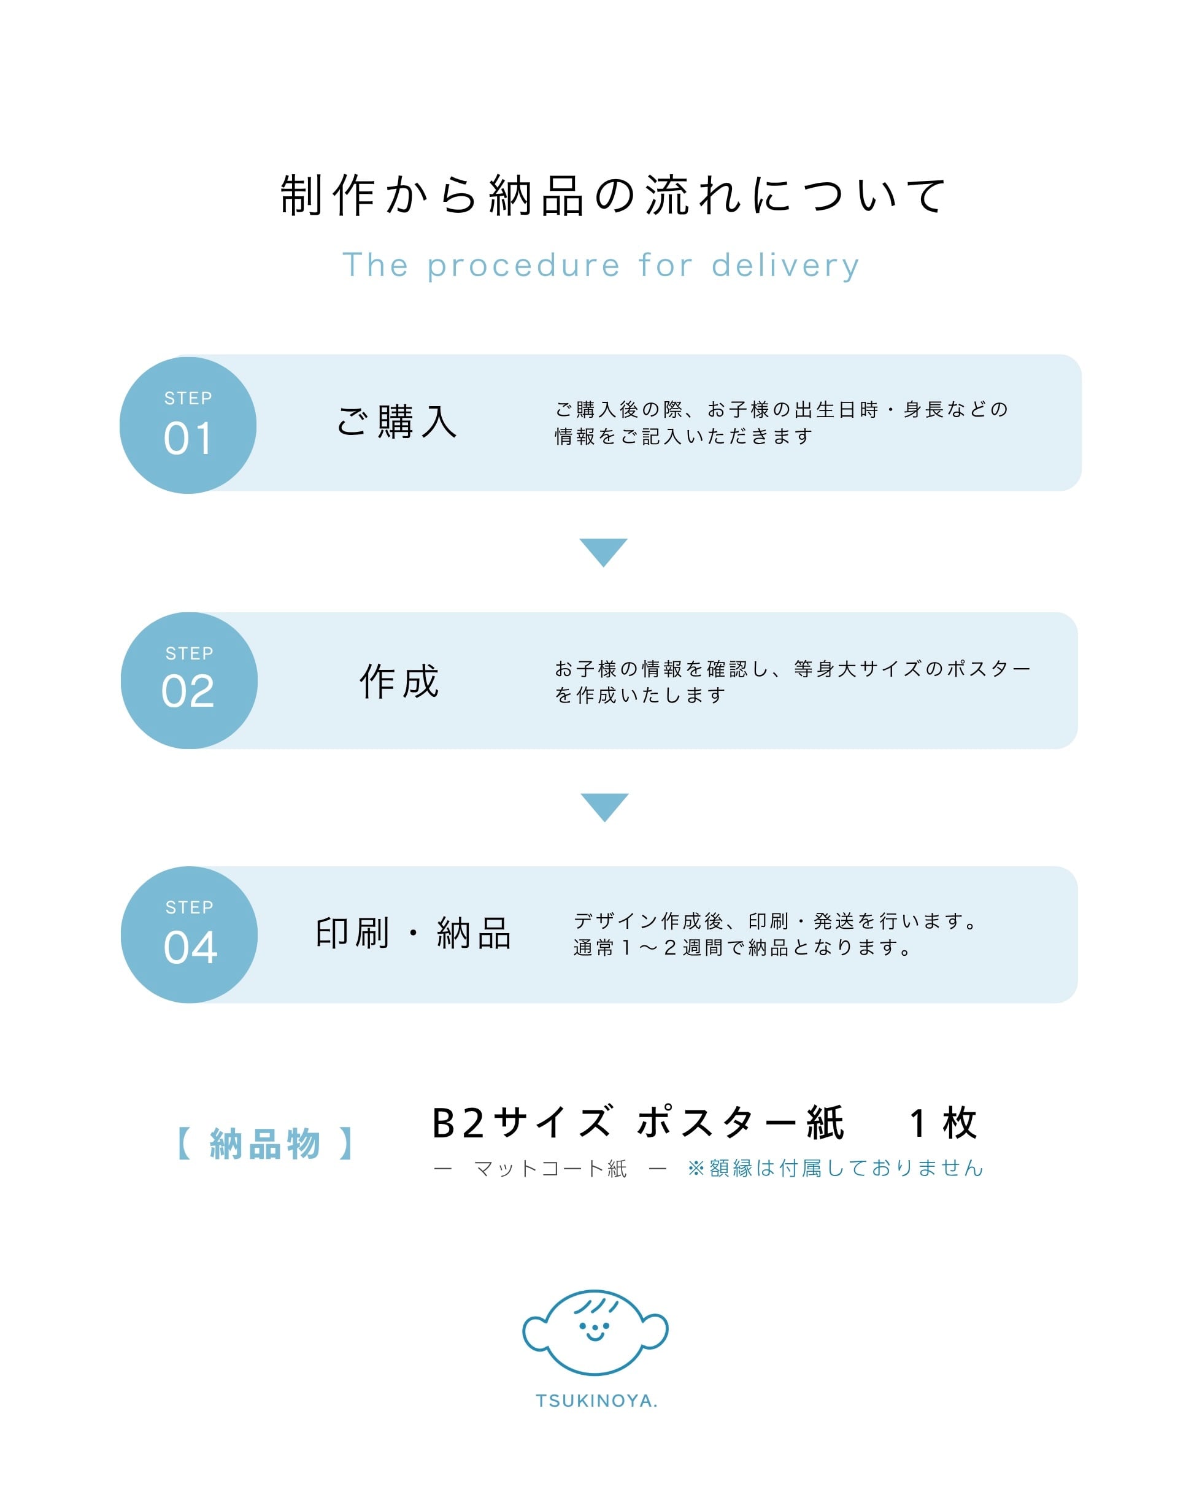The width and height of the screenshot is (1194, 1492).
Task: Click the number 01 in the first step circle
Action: click(x=187, y=438)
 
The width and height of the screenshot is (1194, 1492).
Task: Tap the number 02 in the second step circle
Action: click(x=188, y=691)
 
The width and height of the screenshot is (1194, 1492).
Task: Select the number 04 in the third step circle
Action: click(x=190, y=947)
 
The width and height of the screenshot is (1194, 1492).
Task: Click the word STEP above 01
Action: click(x=188, y=398)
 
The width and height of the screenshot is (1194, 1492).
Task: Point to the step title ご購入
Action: click(x=396, y=421)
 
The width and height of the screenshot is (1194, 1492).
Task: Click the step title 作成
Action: click(x=399, y=681)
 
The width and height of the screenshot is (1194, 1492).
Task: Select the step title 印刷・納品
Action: click(x=412, y=933)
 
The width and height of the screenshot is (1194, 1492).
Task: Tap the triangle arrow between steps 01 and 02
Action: click(x=603, y=550)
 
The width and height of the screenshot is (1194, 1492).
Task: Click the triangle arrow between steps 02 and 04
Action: click(x=604, y=805)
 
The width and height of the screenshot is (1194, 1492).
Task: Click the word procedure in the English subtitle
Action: click(x=523, y=266)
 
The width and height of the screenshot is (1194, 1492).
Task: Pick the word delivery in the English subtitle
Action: click(x=785, y=266)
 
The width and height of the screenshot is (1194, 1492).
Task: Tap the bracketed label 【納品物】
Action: click(x=265, y=1143)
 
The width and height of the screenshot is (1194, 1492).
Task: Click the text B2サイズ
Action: click(x=522, y=1123)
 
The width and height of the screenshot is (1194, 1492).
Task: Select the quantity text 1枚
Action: click(x=942, y=1123)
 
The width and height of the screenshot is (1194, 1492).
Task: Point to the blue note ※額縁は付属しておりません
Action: click(x=835, y=1168)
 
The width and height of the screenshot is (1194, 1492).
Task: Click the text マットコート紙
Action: click(x=550, y=1169)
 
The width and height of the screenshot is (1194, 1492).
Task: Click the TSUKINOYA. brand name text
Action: click(x=596, y=1401)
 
